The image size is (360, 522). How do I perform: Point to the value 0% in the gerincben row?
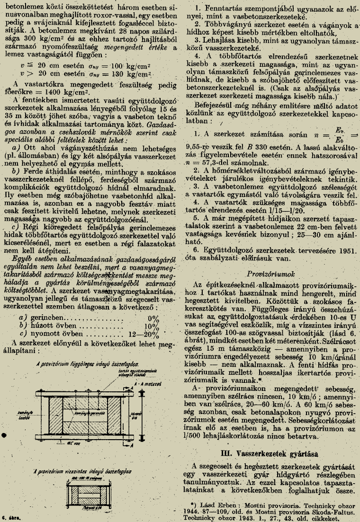point(153,318)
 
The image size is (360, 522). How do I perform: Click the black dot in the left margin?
point(5,434)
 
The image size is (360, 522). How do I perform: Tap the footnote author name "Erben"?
point(222,504)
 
